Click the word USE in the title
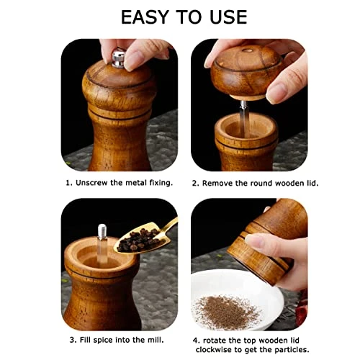(228, 17)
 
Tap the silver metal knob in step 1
(119, 58)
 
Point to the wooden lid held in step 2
(246, 72)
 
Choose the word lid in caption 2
(312, 184)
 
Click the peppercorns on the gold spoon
(138, 240)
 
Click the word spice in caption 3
(103, 341)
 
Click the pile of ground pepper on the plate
(227, 312)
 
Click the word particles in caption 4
(291, 350)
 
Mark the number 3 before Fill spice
(72, 340)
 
